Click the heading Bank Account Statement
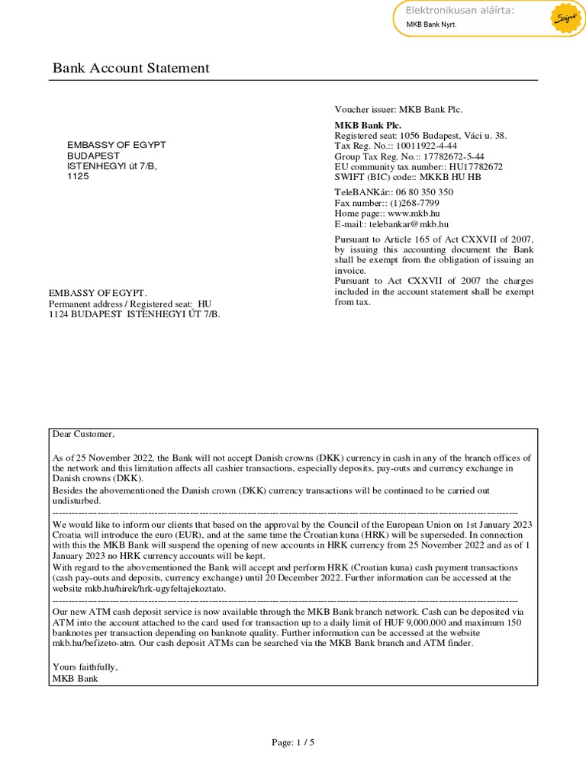point(130,69)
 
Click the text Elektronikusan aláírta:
point(459,10)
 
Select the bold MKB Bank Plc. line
point(368,125)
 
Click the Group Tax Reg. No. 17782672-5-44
point(409,156)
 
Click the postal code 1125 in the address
point(78,176)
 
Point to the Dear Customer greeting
point(83,435)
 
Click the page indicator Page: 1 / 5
point(293,742)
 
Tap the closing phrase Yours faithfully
point(85,667)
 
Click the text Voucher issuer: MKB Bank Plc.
point(398,110)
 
